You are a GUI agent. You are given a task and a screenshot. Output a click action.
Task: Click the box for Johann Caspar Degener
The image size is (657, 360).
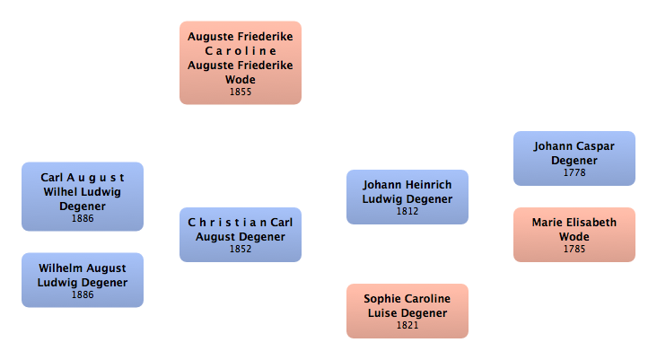tap(574, 158)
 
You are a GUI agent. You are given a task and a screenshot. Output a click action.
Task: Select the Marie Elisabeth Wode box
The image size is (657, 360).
tap(574, 234)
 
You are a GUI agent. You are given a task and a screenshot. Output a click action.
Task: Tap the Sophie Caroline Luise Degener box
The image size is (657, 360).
tap(407, 311)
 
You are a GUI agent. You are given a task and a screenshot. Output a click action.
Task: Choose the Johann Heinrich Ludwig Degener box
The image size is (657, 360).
tap(407, 197)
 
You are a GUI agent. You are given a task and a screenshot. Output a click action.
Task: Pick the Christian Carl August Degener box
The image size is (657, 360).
tap(240, 234)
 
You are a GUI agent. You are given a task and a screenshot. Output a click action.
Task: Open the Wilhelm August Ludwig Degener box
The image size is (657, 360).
tap(82, 279)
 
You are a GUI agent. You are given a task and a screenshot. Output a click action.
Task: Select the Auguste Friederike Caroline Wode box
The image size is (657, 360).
tap(240, 62)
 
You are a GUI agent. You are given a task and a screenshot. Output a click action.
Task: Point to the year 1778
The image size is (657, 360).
tap(574, 172)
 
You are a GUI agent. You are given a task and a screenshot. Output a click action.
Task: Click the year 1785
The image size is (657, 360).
tap(574, 249)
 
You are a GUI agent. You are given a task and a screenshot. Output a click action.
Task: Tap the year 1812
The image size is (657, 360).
tap(407, 212)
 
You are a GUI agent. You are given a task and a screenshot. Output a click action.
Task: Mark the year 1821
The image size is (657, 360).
tap(407, 325)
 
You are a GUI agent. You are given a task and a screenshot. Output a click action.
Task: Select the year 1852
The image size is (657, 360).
tap(240, 249)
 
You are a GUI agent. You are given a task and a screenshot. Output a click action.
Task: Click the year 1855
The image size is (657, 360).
tap(240, 92)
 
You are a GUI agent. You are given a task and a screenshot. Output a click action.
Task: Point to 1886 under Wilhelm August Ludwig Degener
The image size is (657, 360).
tap(82, 294)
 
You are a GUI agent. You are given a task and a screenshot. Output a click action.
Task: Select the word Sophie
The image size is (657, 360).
tap(381, 299)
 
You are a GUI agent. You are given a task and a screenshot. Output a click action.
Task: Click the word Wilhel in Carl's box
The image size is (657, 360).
tap(62, 192)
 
